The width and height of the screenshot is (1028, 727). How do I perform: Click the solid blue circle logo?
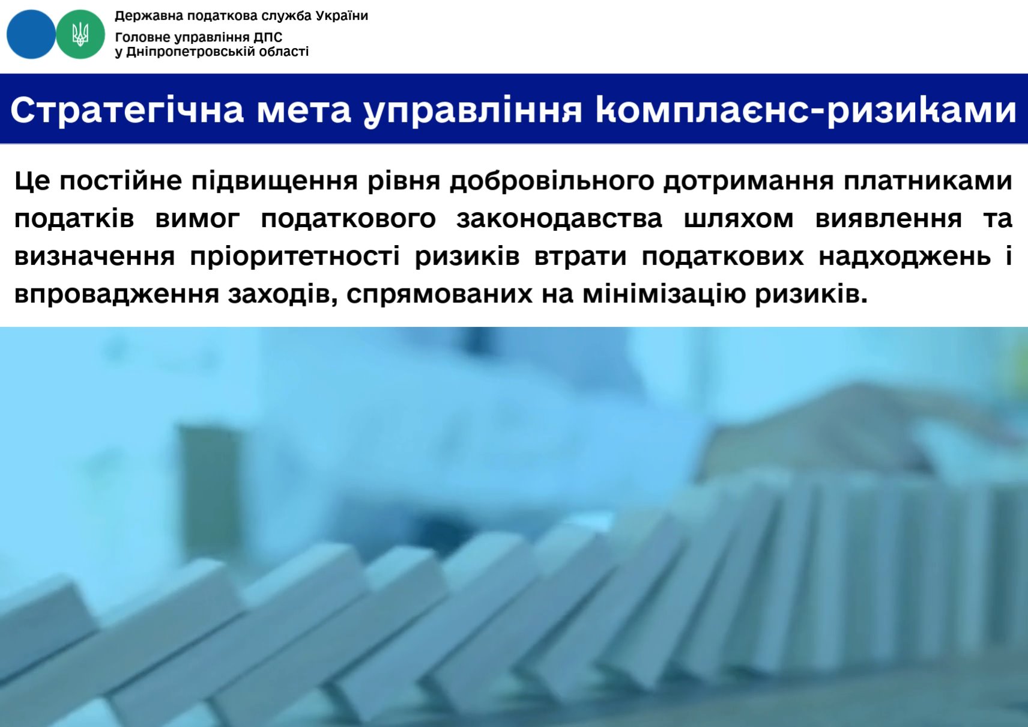click(x=31, y=34)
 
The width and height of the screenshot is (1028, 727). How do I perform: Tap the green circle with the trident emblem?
click(x=80, y=34)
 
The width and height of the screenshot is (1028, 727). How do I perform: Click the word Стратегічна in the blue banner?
click(x=127, y=110)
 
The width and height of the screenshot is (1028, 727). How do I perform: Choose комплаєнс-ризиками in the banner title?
click(x=806, y=110)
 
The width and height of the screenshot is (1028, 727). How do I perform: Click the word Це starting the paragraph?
click(x=32, y=180)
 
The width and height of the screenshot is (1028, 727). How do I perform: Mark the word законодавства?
click(x=560, y=219)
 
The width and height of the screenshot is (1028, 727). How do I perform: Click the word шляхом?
click(x=739, y=219)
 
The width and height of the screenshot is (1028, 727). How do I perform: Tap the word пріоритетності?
click(x=295, y=257)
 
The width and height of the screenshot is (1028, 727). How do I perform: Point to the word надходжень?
click(x=904, y=257)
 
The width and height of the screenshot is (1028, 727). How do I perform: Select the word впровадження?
click(x=116, y=294)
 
